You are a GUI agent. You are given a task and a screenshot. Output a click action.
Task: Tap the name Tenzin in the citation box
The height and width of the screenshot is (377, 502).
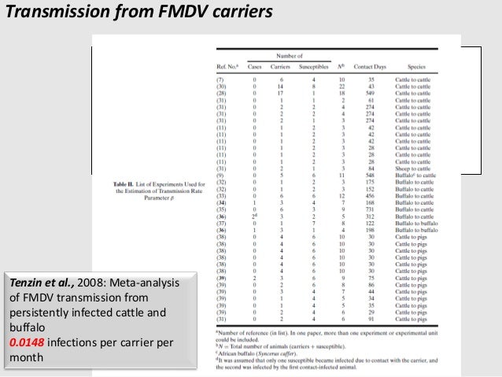tap(26, 283)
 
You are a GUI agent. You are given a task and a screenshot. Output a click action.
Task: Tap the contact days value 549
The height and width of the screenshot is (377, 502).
tap(372, 94)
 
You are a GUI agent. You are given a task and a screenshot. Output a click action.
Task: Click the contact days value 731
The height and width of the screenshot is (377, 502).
tap(372, 210)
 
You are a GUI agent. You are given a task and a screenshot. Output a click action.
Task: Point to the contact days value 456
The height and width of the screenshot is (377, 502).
tap(372, 197)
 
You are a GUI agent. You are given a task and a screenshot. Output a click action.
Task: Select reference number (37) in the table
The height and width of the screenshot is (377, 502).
tap(222, 224)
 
